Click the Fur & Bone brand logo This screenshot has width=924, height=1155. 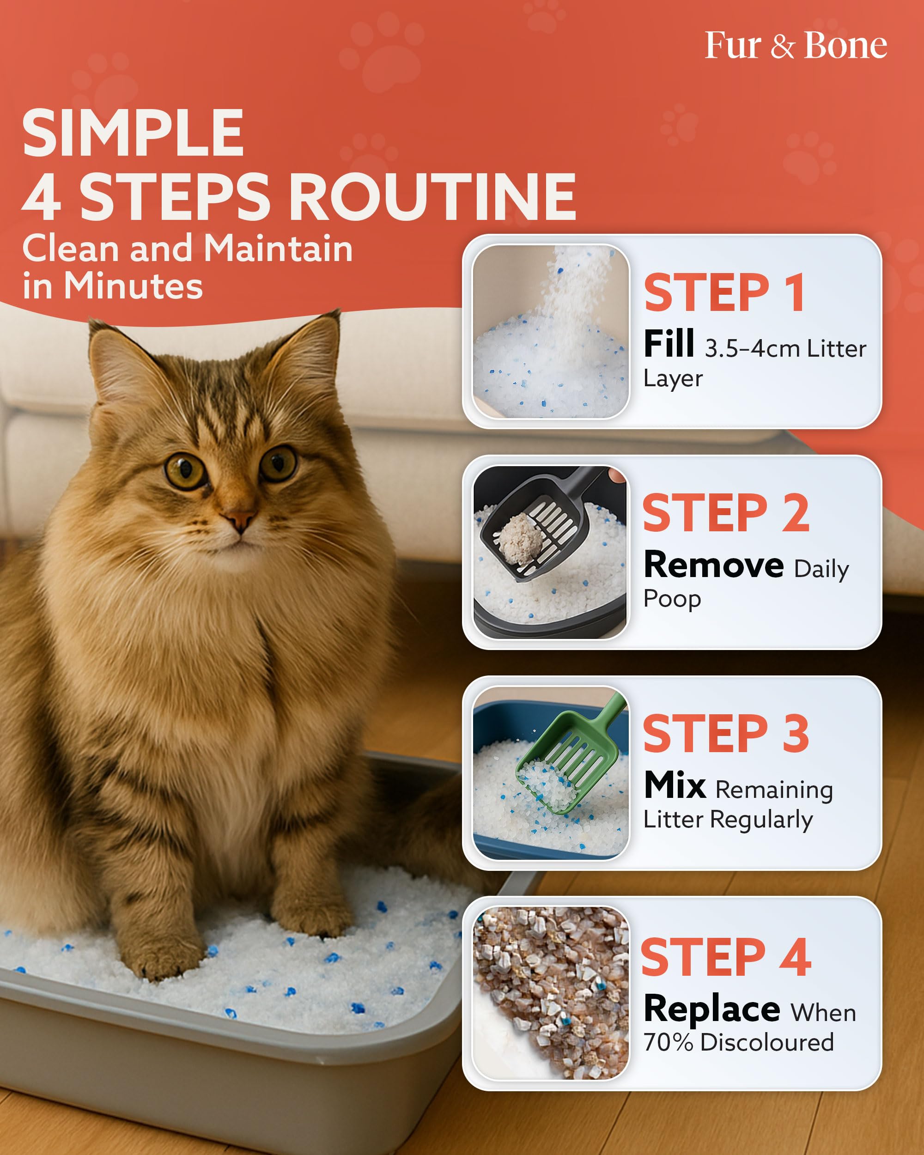[x=796, y=46]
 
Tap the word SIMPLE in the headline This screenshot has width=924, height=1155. [x=133, y=133]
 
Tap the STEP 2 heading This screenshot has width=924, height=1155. [x=726, y=513]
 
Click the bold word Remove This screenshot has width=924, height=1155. [x=713, y=565]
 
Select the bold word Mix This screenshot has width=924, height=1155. [x=675, y=785]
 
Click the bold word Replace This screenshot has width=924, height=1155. [x=711, y=1009]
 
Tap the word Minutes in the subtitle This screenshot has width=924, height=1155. [x=133, y=286]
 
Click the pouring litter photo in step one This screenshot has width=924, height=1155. [x=550, y=332]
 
